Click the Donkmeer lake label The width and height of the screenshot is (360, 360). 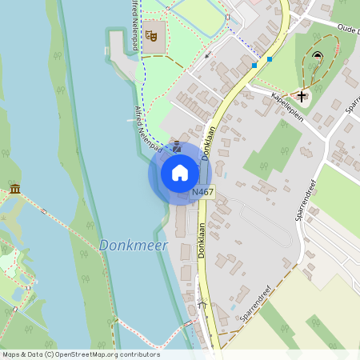click(133, 246)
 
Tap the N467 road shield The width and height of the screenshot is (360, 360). click(202, 193)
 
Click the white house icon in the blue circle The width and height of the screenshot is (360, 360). click(180, 173)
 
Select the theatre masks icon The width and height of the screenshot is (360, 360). click(150, 35)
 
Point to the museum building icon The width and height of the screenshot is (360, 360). click(15, 189)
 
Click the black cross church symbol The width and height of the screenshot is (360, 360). click(302, 95)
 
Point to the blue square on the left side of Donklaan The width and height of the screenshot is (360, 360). click(254, 65)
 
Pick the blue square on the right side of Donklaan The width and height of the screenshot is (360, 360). click(270, 59)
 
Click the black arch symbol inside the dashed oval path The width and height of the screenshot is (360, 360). click(318, 56)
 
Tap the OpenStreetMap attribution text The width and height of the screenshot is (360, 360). click(80, 354)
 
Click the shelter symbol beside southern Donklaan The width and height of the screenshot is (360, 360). click(202, 304)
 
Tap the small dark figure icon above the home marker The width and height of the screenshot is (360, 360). click(177, 143)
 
